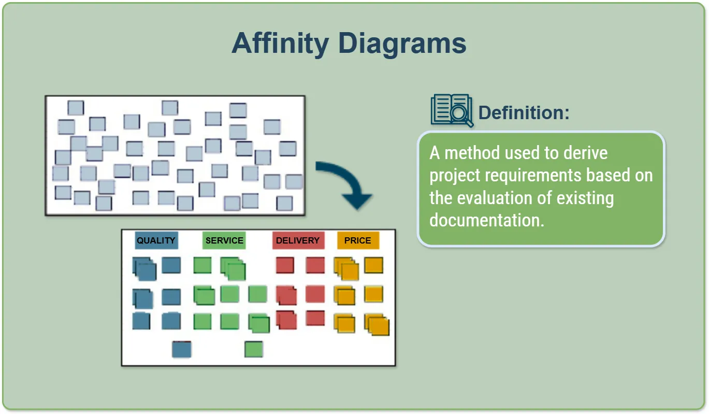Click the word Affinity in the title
click(280, 44)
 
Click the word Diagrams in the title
click(402, 44)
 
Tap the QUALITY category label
click(156, 240)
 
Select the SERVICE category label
click(224, 240)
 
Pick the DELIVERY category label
click(298, 240)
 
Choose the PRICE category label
click(358, 240)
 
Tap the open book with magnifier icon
click(452, 110)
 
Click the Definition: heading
click(524, 113)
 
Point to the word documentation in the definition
click(486, 220)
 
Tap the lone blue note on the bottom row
click(182, 349)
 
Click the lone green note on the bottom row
click(254, 349)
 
